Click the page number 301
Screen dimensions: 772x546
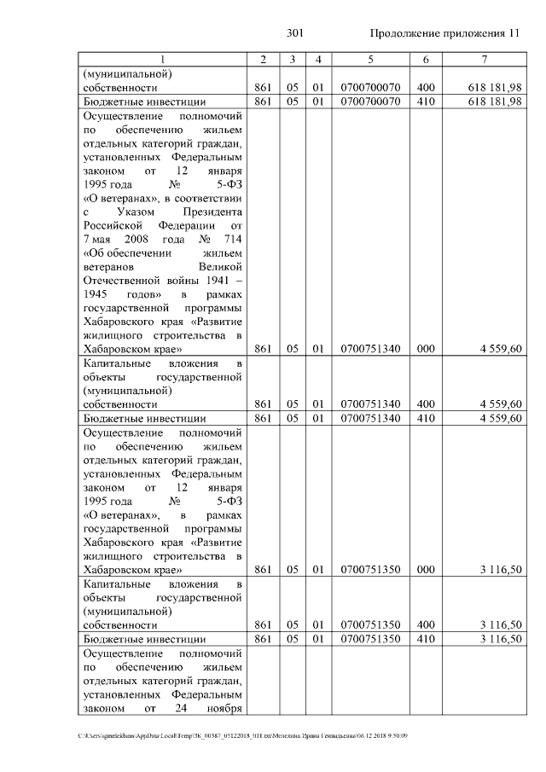pos(295,33)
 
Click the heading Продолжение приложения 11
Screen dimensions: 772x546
pos(444,33)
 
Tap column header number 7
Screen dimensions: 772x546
pos(484,59)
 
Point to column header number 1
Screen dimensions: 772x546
pos(163,59)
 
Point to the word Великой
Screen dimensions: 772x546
pos(220,266)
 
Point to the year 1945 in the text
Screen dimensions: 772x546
pos(101,293)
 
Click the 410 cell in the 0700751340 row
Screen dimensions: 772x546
pos(425,418)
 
